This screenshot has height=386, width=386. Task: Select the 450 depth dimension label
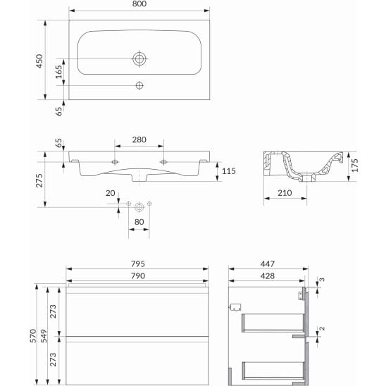coord(41,61)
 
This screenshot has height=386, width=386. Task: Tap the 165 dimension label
coord(60,71)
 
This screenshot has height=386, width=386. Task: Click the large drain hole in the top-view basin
coord(139,58)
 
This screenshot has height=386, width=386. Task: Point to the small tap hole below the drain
coord(139,87)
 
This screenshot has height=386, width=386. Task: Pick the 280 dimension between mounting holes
coord(139,140)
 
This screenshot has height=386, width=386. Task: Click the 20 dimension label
coord(110,194)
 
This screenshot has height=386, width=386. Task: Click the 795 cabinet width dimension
coord(138,264)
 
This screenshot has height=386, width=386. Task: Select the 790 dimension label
coord(138,275)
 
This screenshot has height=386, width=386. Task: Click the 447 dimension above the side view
coord(268,264)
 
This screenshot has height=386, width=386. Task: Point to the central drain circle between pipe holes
coord(139,206)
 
